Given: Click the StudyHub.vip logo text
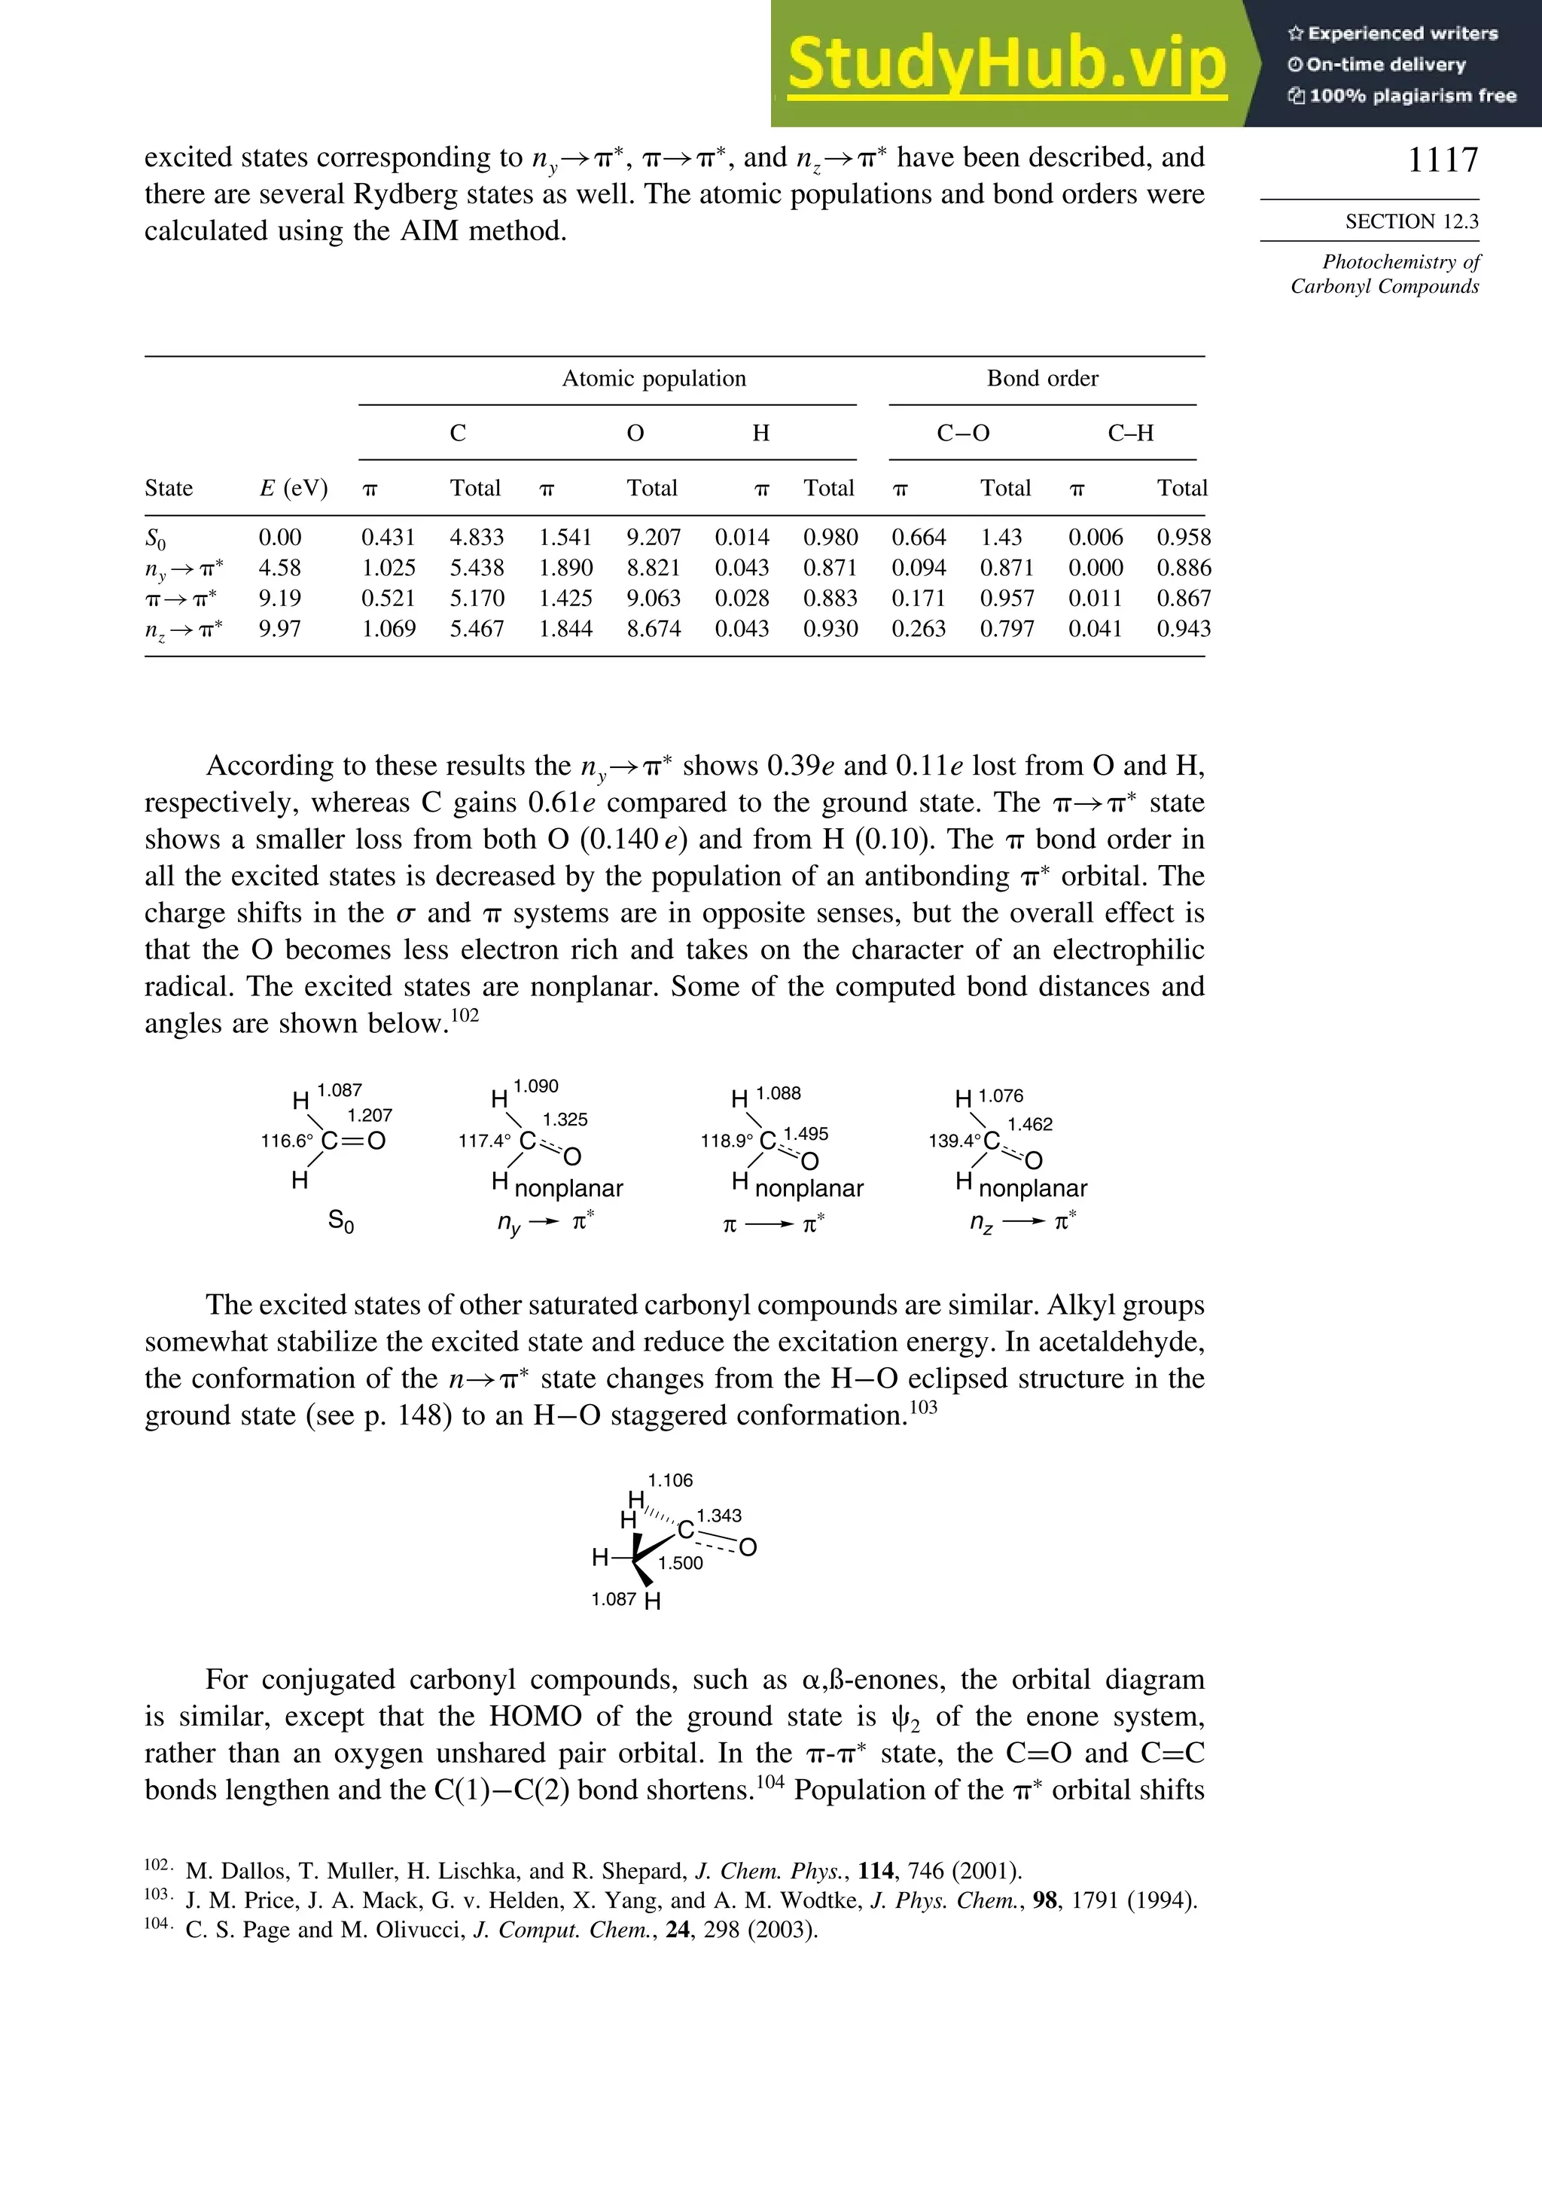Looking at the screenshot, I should coord(1007,63).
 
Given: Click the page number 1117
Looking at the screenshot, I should coord(1442,160).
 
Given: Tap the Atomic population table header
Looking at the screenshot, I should coord(654,378).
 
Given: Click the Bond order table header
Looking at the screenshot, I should coord(1042,378).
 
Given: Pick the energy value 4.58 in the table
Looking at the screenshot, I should coord(279,568).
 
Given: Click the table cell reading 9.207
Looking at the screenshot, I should coord(654,538).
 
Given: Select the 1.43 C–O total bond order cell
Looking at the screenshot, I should coord(1001,538).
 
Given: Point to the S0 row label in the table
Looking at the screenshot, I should coord(155,538).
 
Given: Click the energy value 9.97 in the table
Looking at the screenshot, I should coord(279,629).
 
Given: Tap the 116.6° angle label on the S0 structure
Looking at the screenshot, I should coord(287,1141).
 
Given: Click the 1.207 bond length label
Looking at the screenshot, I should coord(370,1115).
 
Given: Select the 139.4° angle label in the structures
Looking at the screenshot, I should coord(954,1141).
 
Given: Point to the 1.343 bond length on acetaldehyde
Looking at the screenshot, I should coord(719,1516).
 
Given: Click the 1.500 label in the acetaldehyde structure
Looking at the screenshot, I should coord(681,1563).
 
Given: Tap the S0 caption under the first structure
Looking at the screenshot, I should coord(340,1221).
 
